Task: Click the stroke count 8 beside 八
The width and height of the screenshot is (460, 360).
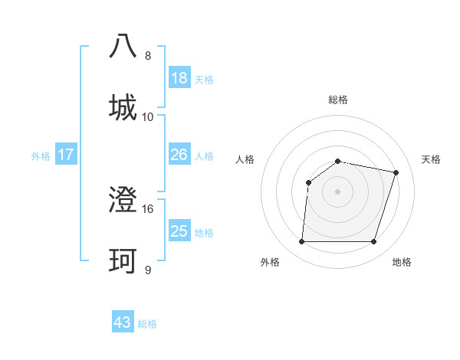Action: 148,56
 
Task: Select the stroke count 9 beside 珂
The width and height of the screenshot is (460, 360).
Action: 148,270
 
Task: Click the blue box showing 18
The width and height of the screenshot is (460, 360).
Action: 179,78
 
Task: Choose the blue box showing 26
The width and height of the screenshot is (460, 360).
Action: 179,155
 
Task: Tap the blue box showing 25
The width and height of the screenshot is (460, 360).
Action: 179,231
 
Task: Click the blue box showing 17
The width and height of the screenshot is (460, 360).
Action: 66,155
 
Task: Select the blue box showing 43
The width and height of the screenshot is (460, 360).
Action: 123,322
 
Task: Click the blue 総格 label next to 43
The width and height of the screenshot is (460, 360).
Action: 148,324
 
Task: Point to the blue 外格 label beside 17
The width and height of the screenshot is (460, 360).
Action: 41,156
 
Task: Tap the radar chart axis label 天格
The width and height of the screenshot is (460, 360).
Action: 432,159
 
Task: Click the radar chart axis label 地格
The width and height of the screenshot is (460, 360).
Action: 402,262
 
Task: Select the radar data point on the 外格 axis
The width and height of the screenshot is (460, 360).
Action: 301,242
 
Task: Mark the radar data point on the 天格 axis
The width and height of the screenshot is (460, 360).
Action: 396,172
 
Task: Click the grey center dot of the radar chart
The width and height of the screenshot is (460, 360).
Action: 337,191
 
